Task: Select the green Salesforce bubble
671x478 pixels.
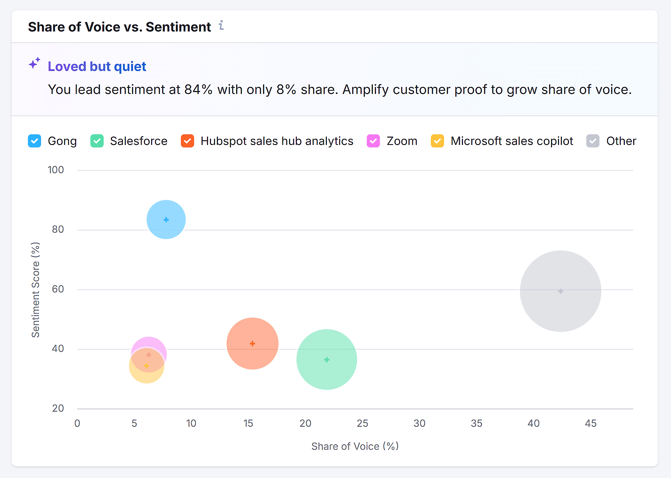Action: (x=327, y=360)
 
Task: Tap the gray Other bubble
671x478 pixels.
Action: (x=560, y=291)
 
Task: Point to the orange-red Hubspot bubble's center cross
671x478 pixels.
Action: (x=253, y=344)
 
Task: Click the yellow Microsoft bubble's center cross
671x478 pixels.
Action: (x=147, y=366)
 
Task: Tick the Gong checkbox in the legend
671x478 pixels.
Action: (x=34, y=141)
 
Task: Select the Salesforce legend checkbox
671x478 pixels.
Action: (x=97, y=141)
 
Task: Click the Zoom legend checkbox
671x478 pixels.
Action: (x=373, y=141)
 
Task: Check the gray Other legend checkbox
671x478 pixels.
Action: (x=593, y=141)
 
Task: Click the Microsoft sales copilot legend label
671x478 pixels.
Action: (x=512, y=141)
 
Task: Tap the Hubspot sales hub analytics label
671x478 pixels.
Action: (x=277, y=141)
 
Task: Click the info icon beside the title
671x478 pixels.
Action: (x=221, y=25)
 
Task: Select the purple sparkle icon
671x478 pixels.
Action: (x=34, y=63)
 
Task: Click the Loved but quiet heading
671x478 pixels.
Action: (x=97, y=67)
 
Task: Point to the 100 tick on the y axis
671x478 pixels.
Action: (x=56, y=170)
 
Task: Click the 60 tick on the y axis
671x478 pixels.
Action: (x=58, y=289)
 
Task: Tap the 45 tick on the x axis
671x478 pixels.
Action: (x=590, y=423)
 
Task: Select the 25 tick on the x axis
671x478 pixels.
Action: (x=362, y=423)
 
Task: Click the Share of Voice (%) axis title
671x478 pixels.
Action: (x=355, y=446)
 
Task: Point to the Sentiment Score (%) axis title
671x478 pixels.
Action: (x=36, y=290)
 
